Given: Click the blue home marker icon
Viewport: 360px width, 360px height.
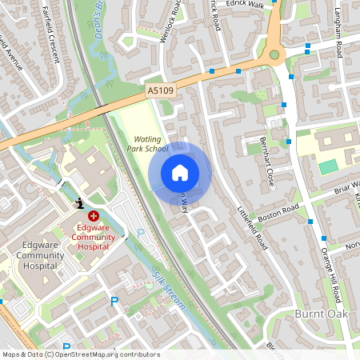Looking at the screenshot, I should pyautogui.click(x=180, y=172).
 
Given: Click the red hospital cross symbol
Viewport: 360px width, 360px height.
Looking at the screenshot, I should pyautogui.click(x=94, y=215).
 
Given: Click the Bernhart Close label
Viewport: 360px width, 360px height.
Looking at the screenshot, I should pyautogui.click(x=267, y=161).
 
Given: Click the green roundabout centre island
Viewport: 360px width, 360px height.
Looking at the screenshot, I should pyautogui.click(x=276, y=55).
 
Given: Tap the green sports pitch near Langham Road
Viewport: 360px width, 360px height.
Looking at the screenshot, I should pyautogui.click(x=328, y=167).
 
